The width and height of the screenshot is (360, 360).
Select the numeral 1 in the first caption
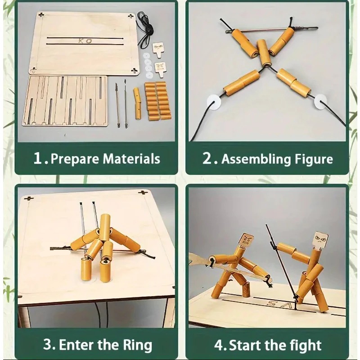(37, 158)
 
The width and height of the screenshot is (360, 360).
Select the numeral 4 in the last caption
(218, 345)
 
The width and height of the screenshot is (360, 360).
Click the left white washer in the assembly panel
(214, 102)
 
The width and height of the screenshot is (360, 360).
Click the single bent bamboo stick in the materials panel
(137, 103)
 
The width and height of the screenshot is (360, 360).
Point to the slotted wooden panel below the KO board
(65, 101)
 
